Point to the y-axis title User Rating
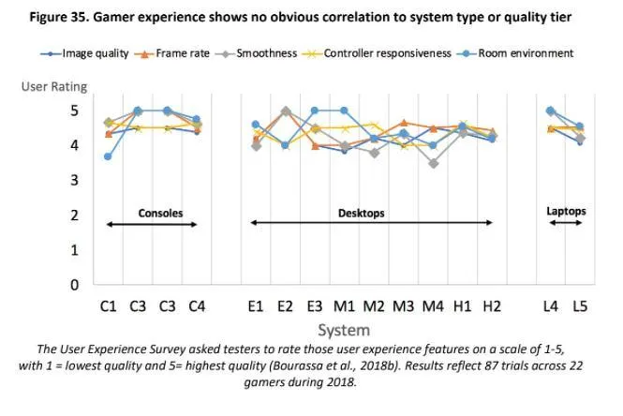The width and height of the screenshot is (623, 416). click(54, 87)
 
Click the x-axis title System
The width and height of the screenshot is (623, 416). click(343, 330)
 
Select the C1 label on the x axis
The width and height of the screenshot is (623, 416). click(108, 305)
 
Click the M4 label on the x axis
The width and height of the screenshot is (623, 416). click(433, 305)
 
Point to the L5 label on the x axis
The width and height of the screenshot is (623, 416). click(580, 305)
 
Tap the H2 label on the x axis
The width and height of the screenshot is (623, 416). click(492, 305)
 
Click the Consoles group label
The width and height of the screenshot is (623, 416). click(160, 213)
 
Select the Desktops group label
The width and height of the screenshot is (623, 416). click(362, 213)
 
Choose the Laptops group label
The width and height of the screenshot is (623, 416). click(566, 211)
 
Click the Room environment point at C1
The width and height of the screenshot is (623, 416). click(108, 156)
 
